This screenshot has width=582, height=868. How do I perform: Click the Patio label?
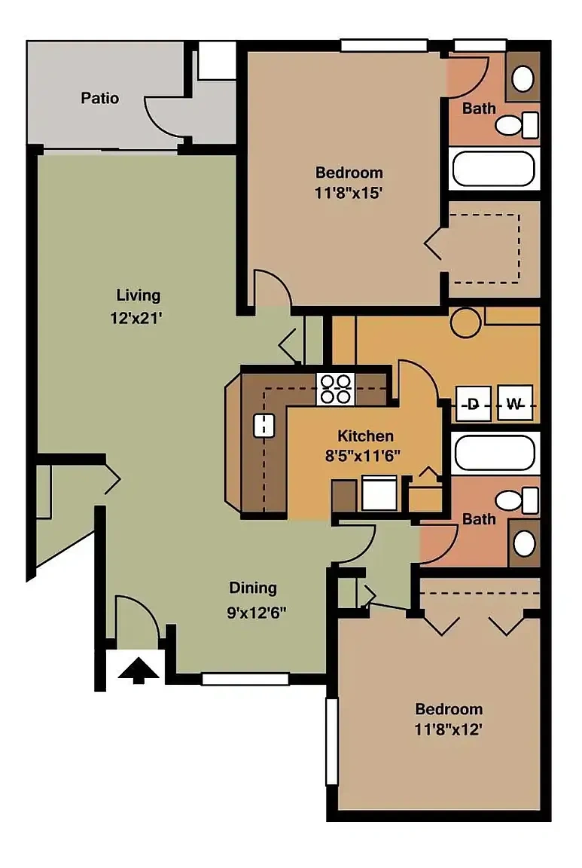tap(99, 99)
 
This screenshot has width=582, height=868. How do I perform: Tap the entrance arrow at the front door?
tap(139, 670)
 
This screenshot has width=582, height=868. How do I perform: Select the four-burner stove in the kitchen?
tap(336, 389)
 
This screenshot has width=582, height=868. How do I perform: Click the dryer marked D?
tap(473, 404)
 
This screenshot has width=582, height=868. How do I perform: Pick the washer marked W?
tap(515, 404)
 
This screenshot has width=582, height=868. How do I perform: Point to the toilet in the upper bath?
tap(516, 125)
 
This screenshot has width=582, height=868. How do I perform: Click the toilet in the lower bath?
tap(516, 500)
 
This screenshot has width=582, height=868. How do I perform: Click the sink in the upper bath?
tap(523, 78)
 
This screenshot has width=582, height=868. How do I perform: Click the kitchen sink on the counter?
tap(264, 426)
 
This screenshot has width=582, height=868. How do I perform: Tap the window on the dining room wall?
tap(245, 679)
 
